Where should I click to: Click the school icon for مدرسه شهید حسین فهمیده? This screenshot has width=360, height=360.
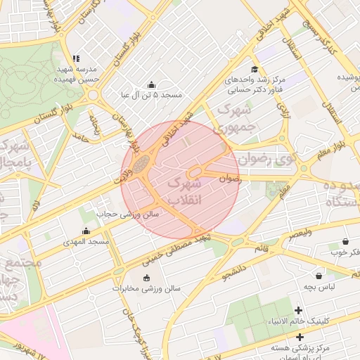point(76,59)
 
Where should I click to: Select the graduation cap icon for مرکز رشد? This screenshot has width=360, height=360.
point(254,69)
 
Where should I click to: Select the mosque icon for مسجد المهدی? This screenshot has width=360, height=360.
point(86,231)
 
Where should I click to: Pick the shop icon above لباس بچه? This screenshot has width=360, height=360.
point(320,276)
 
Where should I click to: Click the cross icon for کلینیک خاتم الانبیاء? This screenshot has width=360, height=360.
point(299,310)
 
